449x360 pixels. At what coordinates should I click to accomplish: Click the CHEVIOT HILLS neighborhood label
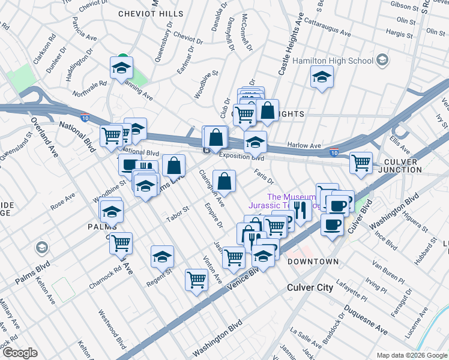tap(151, 13)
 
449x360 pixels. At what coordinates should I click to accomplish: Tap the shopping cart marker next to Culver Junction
tap(361, 162)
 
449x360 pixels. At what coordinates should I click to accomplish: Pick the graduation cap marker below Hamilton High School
tap(322, 77)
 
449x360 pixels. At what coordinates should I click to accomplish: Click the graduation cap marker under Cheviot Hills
tap(121, 67)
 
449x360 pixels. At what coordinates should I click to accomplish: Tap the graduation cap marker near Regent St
tap(161, 257)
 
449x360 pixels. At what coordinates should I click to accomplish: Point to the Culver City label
tap(309, 288)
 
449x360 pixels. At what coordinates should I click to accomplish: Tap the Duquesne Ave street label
tap(365, 319)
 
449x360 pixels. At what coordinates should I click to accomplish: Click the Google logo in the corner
tap(20, 353)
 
